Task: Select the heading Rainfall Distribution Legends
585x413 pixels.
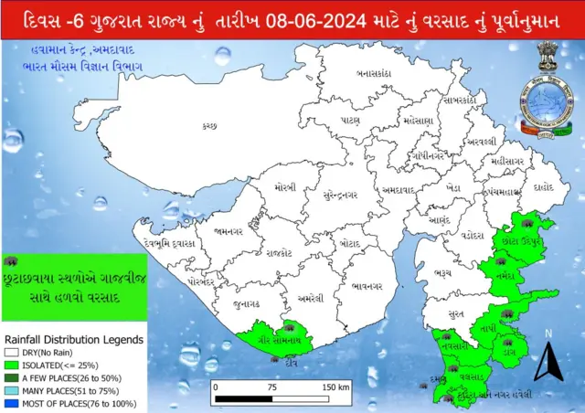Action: pyautogui.click(x=73, y=338)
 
